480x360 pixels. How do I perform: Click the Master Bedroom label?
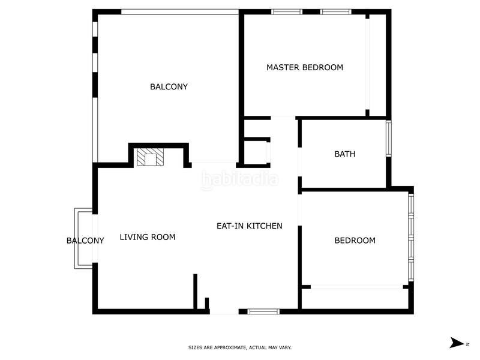point(305,67)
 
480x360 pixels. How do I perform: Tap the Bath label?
point(344,154)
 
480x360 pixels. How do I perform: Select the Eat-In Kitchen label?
point(249,226)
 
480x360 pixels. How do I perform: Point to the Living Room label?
point(148,237)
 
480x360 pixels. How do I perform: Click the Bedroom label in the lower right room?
point(355,241)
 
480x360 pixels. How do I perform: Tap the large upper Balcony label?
point(169,86)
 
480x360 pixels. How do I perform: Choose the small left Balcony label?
point(85,241)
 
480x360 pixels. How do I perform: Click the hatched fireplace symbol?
point(150,158)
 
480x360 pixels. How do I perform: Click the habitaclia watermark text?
point(239,179)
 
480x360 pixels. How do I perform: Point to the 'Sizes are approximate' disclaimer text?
point(240,347)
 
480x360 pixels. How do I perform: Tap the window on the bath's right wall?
point(389,139)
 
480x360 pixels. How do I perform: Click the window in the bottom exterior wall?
point(264,311)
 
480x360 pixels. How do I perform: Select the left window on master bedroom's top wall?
point(287,11)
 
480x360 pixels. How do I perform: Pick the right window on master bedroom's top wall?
point(335,11)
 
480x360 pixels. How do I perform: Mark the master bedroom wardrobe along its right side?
point(376,65)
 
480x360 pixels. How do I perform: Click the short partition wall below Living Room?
point(196,292)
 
